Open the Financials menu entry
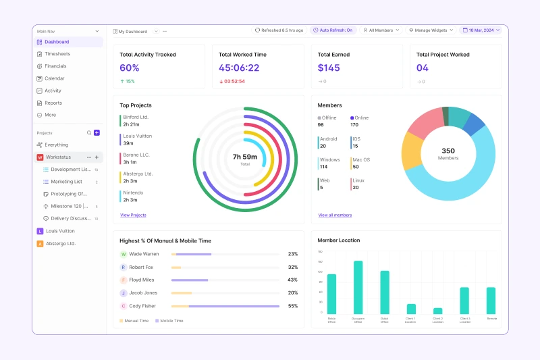55,66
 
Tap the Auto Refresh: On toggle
333,30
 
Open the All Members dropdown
381,30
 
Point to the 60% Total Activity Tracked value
130,68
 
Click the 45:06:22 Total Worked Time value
239,68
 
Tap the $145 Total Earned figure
329,68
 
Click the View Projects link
133,215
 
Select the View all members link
335,215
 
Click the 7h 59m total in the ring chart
245,157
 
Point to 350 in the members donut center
448,151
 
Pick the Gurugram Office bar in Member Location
358,287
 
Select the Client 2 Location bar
437,311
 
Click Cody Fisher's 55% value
292,306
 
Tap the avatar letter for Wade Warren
124,255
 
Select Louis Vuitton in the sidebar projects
61,231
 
